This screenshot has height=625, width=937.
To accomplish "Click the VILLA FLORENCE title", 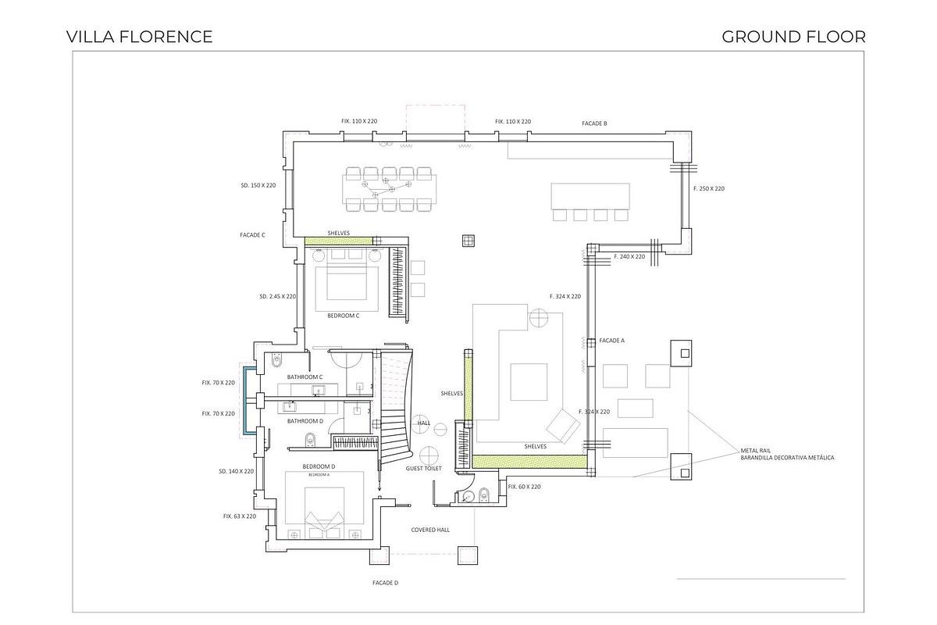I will [x=139, y=37].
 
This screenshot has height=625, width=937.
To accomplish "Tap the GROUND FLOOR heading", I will [x=793, y=37].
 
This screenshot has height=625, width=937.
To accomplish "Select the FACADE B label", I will [x=594, y=123].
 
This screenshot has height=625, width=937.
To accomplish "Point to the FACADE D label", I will [x=385, y=583].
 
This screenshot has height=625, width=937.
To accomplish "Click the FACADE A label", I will [x=612, y=341].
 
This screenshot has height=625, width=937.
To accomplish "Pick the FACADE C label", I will [x=252, y=234].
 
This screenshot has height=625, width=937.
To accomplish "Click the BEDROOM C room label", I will [x=343, y=316].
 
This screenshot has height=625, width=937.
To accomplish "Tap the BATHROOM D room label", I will [x=305, y=421].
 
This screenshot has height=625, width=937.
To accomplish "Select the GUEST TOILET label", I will [x=423, y=469].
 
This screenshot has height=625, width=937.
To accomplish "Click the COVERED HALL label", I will [x=430, y=530].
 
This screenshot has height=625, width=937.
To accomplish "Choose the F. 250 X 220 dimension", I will [x=708, y=189].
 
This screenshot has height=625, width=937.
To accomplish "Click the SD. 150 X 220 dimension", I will [x=258, y=186].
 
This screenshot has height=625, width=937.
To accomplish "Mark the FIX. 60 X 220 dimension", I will [x=524, y=487].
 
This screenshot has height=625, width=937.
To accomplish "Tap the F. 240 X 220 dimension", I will [x=629, y=256].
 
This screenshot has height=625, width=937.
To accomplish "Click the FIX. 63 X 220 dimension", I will [x=239, y=516].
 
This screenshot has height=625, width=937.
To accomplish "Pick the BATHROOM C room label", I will [x=305, y=377].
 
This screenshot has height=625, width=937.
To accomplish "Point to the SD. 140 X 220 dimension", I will [x=237, y=472].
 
